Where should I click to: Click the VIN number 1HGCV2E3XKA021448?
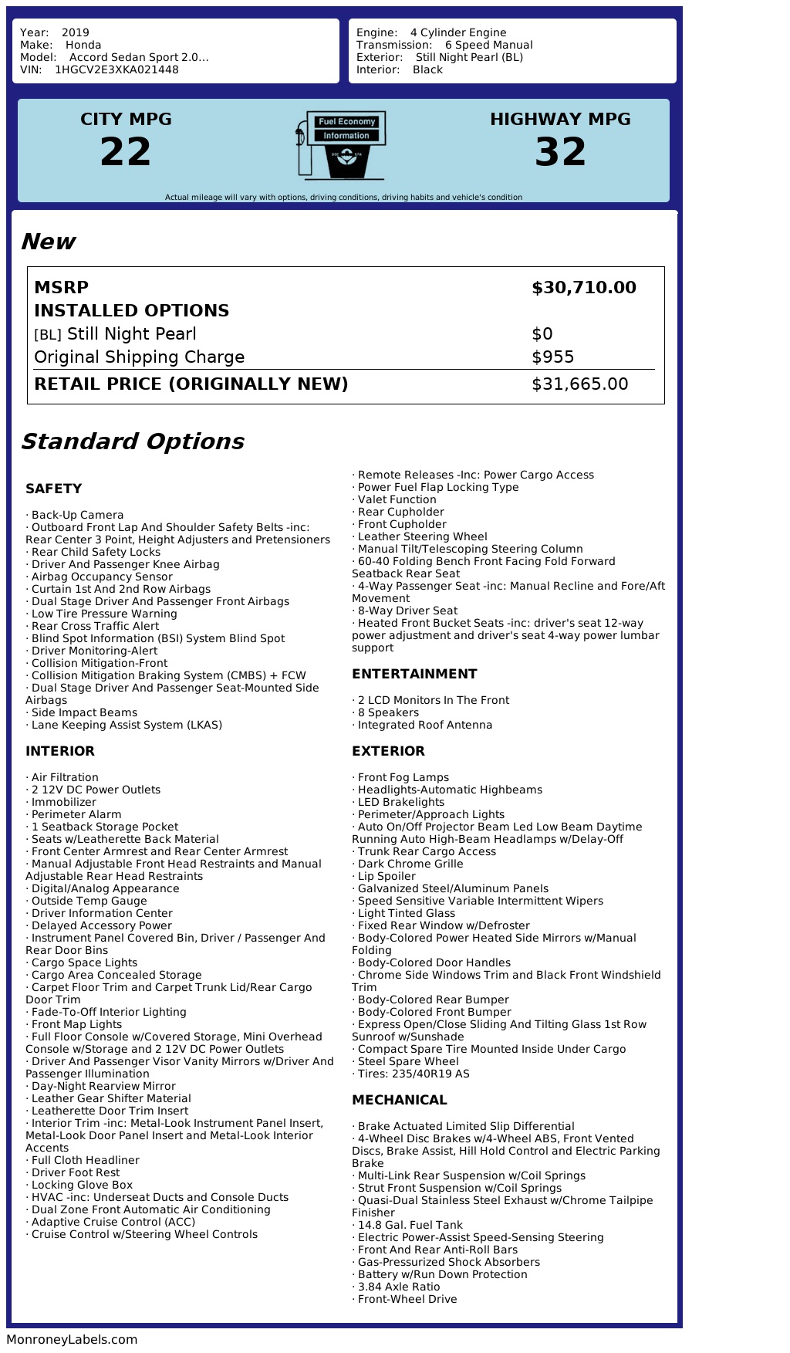[116, 69]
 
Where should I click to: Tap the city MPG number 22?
[126, 152]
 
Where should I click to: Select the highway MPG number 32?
[561, 152]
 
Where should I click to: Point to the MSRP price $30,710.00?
[583, 288]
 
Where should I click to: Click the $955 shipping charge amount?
[553, 357]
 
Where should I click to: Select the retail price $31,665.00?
[579, 384]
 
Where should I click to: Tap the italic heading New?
[48, 242]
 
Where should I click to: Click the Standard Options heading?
[132, 441]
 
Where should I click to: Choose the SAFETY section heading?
[53, 489]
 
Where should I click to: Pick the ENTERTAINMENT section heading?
[414, 674]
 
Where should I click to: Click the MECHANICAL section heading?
[400, 1100]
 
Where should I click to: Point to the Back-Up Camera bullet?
[77, 515]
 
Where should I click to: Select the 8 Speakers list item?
[388, 712]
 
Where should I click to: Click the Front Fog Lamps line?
[403, 777]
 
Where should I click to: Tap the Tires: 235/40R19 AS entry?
[413, 1074]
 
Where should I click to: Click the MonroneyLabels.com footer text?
[72, 1340]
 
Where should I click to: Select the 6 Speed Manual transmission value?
[488, 45]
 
